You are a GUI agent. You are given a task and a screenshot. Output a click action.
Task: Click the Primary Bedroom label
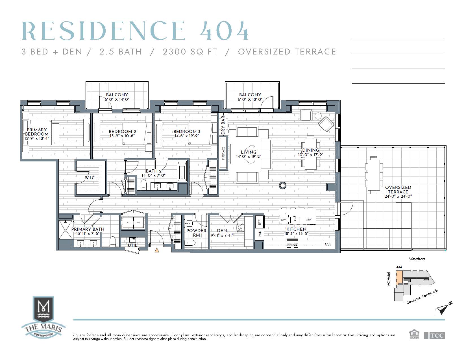37,132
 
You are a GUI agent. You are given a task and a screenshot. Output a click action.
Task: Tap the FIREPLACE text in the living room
223,153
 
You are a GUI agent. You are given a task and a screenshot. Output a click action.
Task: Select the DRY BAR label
223,125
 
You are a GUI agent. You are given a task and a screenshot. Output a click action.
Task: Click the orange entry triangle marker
157,250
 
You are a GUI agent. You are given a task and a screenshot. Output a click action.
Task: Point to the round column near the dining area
283,186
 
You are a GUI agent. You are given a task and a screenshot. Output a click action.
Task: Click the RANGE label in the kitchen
292,245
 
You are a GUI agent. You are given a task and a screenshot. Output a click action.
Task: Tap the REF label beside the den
260,222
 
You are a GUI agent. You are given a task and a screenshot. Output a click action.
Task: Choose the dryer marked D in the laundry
128,222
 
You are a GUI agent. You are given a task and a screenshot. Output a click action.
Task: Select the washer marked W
139,222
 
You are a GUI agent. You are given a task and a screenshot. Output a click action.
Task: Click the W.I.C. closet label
90,178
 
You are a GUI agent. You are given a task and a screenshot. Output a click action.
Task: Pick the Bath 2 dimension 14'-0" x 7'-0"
154,175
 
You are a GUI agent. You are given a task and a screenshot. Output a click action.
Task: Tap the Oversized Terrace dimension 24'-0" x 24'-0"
398,196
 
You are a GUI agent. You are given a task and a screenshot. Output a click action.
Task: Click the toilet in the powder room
190,243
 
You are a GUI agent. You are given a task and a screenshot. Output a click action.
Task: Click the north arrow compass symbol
443,308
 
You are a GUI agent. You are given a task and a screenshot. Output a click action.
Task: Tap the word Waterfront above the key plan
417,259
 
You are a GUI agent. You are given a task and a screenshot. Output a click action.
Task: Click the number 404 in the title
224,31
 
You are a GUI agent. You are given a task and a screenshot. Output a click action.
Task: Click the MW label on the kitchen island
309,220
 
